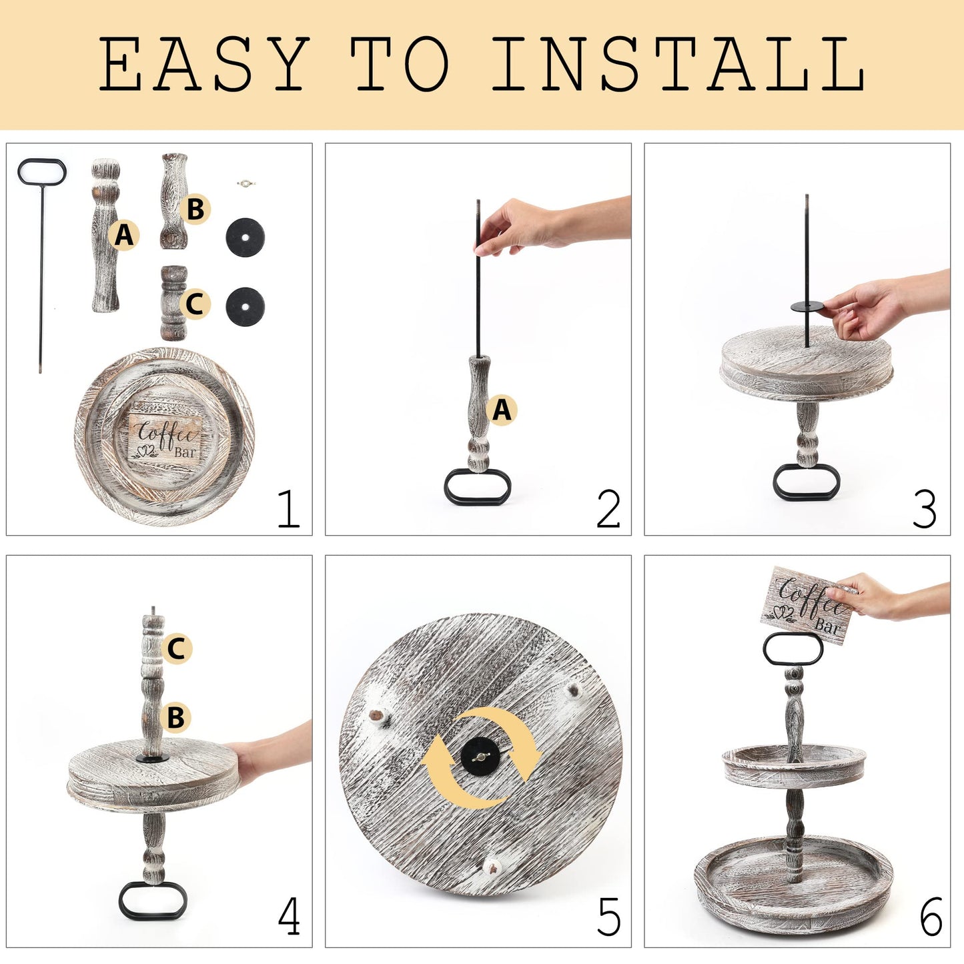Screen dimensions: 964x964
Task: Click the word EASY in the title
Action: click(203, 64)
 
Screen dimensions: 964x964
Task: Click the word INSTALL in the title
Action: click(678, 64)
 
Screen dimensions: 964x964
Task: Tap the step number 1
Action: click(289, 508)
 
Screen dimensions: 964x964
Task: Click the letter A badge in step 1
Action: click(124, 235)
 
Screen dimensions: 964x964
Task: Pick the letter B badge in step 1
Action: click(195, 209)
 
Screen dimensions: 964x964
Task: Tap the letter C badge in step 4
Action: click(177, 648)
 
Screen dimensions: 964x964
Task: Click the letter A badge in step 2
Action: click(502, 410)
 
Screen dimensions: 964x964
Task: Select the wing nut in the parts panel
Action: click(246, 184)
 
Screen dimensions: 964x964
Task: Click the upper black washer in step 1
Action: click(245, 237)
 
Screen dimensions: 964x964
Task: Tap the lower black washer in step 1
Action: click(245, 307)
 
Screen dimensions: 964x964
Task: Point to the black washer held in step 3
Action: click(807, 306)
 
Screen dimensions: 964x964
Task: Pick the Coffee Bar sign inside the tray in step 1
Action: click(165, 438)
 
